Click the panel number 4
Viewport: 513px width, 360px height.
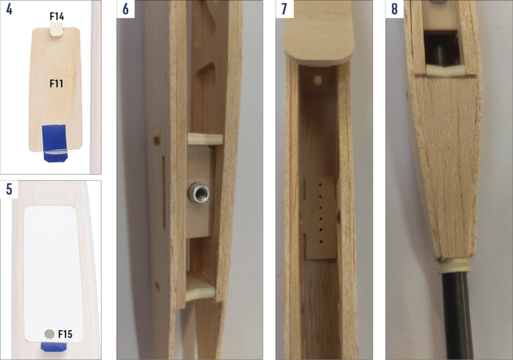[x=9, y=9]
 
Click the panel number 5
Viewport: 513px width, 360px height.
[x=9, y=189]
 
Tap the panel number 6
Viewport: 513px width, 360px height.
[x=126, y=9]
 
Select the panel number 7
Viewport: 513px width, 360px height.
[x=284, y=9]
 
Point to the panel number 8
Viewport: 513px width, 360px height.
[x=394, y=9]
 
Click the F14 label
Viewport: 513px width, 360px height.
[x=56, y=17]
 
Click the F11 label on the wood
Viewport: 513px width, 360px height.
[x=56, y=83]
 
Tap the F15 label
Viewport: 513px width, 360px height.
[x=65, y=334]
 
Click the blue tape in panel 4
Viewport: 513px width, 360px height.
[x=55, y=143]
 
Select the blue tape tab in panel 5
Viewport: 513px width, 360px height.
[x=54, y=347]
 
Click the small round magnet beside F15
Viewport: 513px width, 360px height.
[x=49, y=334]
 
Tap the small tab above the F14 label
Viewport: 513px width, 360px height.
[x=57, y=30]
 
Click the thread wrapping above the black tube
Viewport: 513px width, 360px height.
[x=454, y=265]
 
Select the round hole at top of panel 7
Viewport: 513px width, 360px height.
[x=317, y=80]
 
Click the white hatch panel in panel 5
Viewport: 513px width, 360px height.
[x=53, y=274]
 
